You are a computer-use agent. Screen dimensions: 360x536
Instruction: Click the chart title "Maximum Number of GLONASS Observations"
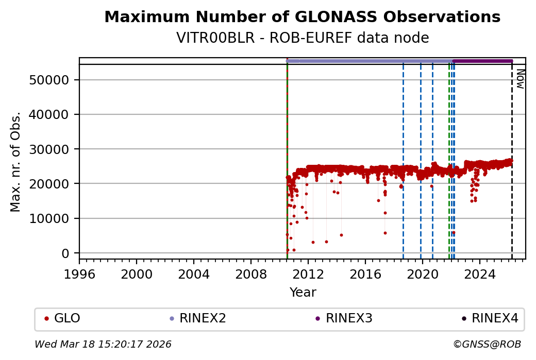coord(302,18)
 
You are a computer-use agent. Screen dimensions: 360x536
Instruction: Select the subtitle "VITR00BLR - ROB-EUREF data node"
coord(302,38)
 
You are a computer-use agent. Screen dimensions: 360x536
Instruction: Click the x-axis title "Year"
coord(303,293)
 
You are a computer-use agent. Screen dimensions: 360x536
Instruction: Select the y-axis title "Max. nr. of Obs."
coord(16,162)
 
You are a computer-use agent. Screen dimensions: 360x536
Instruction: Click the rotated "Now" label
coord(520,80)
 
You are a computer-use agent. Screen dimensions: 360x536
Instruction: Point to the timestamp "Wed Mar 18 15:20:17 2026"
coord(103,344)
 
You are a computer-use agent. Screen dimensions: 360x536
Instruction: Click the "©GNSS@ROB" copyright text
coord(487,344)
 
